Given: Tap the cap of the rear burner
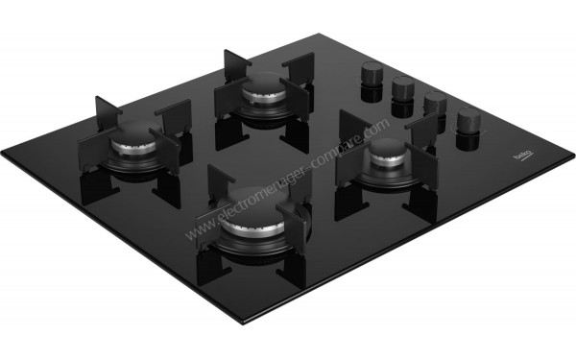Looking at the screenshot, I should click(x=261, y=91).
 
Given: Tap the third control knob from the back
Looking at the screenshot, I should click(x=435, y=103).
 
